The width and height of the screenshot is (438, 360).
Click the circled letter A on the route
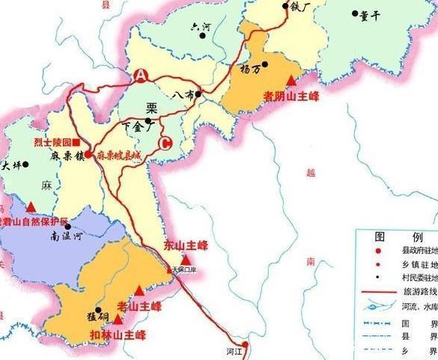tap(140, 75)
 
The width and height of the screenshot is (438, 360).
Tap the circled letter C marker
tap(166, 144)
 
